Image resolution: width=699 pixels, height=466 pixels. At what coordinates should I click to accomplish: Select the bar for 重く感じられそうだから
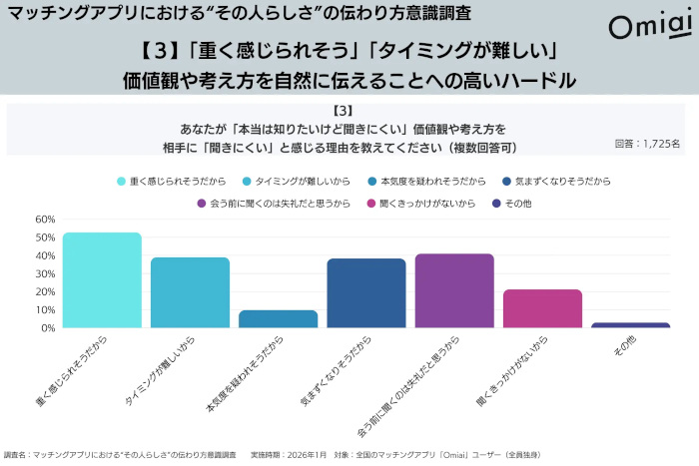point(102,280)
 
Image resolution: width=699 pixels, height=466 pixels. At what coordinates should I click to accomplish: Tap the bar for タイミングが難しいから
point(190,292)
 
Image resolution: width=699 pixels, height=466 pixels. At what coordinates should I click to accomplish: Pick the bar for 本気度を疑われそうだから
point(279,319)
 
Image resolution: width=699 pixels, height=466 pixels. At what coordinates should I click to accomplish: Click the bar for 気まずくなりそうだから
point(366,293)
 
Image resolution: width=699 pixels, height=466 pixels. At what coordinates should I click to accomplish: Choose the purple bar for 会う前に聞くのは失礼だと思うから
point(454,290)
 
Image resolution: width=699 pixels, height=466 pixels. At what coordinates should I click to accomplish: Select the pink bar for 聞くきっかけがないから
point(542,308)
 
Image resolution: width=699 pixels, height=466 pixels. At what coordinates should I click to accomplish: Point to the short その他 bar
point(631,325)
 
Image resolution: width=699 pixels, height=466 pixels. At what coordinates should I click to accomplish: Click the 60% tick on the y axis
point(44,220)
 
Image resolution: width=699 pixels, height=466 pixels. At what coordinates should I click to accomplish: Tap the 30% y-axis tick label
point(44,273)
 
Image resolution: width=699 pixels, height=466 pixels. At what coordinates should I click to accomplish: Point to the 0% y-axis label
point(47,327)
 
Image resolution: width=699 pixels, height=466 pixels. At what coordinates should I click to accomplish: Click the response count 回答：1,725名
point(647,145)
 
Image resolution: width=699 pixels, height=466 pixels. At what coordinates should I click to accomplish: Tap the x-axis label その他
point(621,345)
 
